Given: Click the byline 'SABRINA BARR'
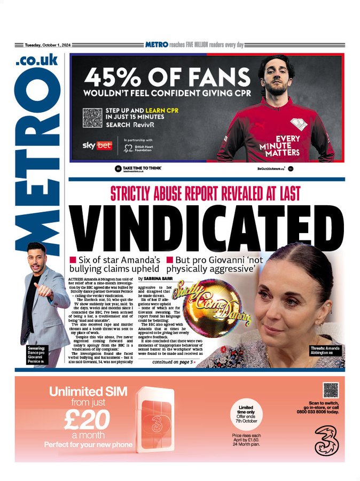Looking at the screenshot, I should tap(164, 279).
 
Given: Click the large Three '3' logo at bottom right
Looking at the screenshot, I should tap(325, 438).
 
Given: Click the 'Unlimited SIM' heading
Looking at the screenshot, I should tap(88, 392).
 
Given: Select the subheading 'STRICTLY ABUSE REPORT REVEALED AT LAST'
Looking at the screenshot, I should tap(205, 193).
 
